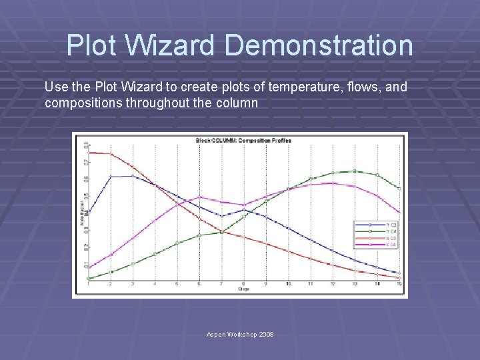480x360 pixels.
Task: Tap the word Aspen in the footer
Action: pos(219,334)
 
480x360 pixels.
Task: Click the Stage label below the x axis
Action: pos(243,289)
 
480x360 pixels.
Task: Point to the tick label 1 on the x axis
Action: pos(89,284)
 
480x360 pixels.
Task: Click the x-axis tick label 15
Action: pos(399,284)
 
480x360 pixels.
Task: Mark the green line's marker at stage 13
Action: pos(355,171)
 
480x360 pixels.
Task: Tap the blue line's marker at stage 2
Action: pos(111,177)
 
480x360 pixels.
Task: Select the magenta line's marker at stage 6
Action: pos(199,197)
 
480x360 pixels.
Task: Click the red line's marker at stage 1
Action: pos(89,153)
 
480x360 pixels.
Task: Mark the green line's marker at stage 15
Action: pos(399,189)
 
